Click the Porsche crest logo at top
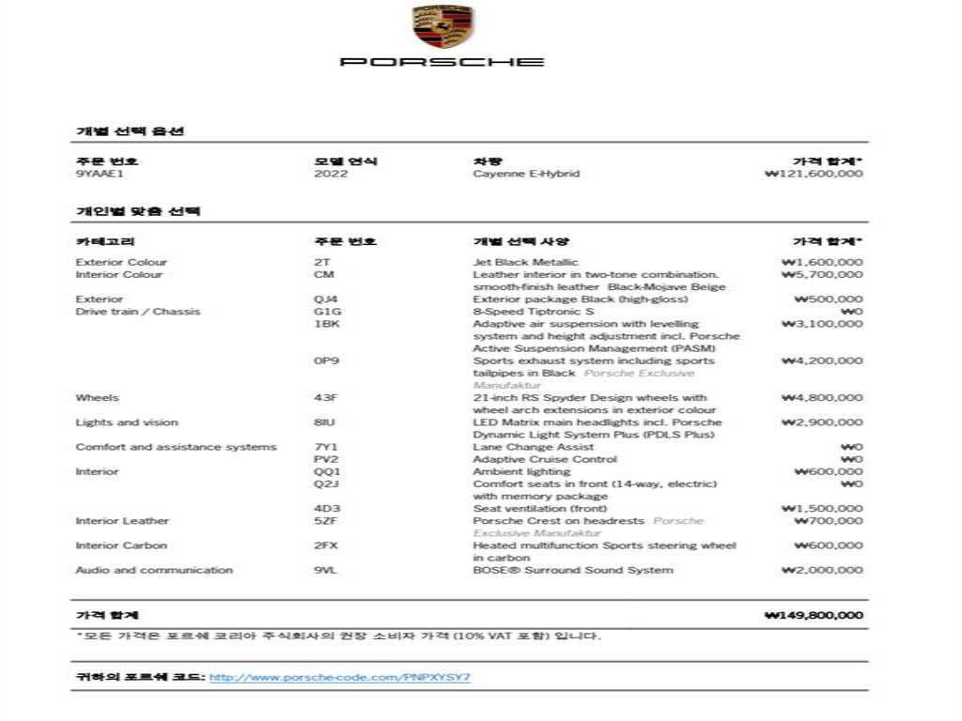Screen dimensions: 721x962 (443, 28)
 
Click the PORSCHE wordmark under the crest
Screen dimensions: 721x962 (442, 62)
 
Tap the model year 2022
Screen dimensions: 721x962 (331, 174)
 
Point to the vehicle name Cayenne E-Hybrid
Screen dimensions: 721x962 (526, 174)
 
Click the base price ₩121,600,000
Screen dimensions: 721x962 (815, 174)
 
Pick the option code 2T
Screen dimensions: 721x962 (322, 262)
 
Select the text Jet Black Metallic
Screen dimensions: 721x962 (526, 262)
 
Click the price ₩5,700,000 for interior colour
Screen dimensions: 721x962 (822, 275)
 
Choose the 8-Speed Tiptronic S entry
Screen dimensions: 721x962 (534, 312)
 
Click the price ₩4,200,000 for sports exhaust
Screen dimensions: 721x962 (822, 360)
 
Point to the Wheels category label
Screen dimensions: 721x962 (98, 398)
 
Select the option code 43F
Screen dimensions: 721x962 (325, 398)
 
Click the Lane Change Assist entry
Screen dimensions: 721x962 (534, 447)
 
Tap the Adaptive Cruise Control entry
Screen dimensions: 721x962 (545, 459)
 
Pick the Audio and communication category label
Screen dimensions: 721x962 (154, 570)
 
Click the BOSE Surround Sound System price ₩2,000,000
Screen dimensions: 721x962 (822, 570)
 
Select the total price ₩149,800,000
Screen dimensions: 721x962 (815, 616)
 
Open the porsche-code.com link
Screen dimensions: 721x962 (340, 677)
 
